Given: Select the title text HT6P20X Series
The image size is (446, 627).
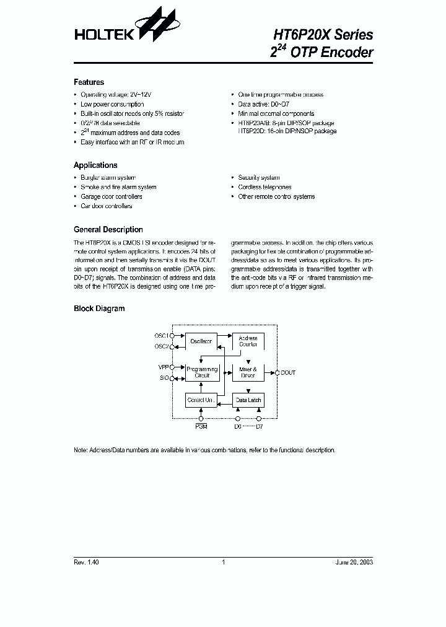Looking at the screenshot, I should click(323, 33).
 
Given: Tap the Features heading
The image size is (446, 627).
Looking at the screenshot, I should click(89, 82).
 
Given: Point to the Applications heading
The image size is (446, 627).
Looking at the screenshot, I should click(95, 165).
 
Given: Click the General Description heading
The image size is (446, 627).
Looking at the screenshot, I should click(108, 230).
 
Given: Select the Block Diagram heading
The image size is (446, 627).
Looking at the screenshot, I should click(99, 309).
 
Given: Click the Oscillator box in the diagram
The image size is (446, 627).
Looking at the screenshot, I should click(201, 341).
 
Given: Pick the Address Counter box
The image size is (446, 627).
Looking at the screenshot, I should click(248, 341).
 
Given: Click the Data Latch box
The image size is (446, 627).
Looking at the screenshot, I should click(248, 400).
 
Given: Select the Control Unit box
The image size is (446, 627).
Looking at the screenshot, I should click(201, 400).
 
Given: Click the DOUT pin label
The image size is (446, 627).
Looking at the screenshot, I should click(288, 372).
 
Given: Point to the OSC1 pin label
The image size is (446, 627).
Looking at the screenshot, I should click(161, 336).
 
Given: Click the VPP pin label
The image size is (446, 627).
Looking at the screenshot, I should click(163, 367).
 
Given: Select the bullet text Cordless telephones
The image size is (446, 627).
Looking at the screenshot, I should click(265, 187).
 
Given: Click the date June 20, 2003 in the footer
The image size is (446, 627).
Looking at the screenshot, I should click(354, 562).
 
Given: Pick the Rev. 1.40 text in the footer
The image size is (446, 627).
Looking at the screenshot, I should click(86, 562).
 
